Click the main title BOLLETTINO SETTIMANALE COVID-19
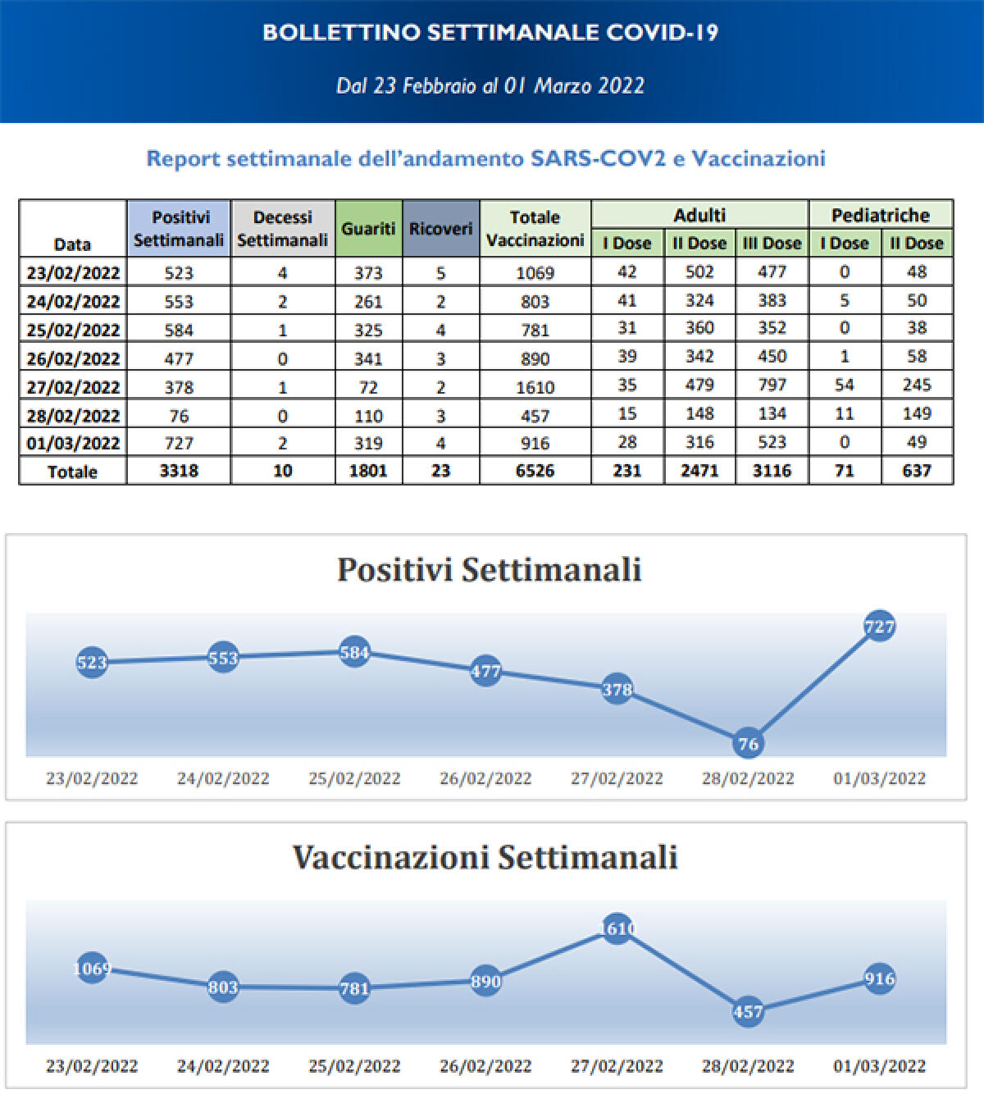tap(490, 33)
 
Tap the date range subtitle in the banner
tap(490, 86)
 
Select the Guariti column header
tap(368, 229)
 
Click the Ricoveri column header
tap(440, 229)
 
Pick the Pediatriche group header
tap(880, 215)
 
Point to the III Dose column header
tap(772, 244)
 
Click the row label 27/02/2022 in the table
tap(73, 387)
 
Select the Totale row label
tap(73, 472)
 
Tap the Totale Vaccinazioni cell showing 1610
tap(535, 387)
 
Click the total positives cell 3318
tap(179, 471)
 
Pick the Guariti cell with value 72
tap(368, 387)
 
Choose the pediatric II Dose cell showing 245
tap(916, 385)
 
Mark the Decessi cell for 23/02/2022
tap(282, 273)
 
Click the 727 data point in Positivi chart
tap(879, 627)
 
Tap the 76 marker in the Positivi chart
tap(748, 744)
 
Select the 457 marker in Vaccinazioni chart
tap(748, 1011)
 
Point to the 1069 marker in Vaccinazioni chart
tap(92, 969)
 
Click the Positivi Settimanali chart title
tap(489, 569)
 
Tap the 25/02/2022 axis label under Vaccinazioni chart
tap(354, 1066)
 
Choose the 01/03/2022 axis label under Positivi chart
tap(879, 778)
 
